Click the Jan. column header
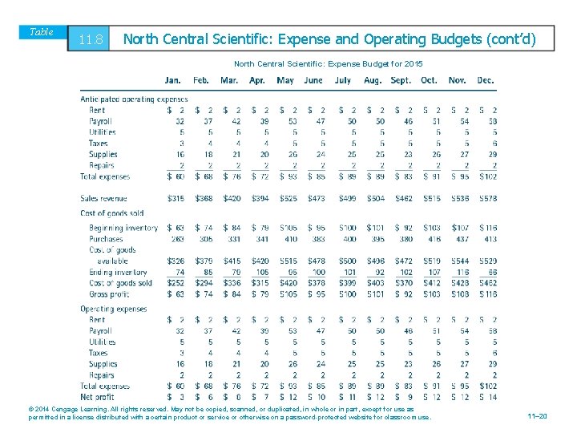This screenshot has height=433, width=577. (173, 80)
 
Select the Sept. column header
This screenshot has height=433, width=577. (401, 80)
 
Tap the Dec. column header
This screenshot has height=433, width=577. (485, 80)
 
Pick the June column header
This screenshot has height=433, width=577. (313, 80)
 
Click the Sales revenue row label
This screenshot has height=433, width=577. (103, 198)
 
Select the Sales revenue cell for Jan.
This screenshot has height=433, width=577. (175, 198)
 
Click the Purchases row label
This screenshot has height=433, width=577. (106, 239)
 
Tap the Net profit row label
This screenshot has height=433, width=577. (98, 396)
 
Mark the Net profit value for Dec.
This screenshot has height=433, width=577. (487, 396)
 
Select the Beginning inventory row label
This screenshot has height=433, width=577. (123, 229)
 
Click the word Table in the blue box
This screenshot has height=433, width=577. (41, 32)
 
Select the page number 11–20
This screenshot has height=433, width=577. (538, 416)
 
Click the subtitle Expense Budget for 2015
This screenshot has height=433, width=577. (329, 63)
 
